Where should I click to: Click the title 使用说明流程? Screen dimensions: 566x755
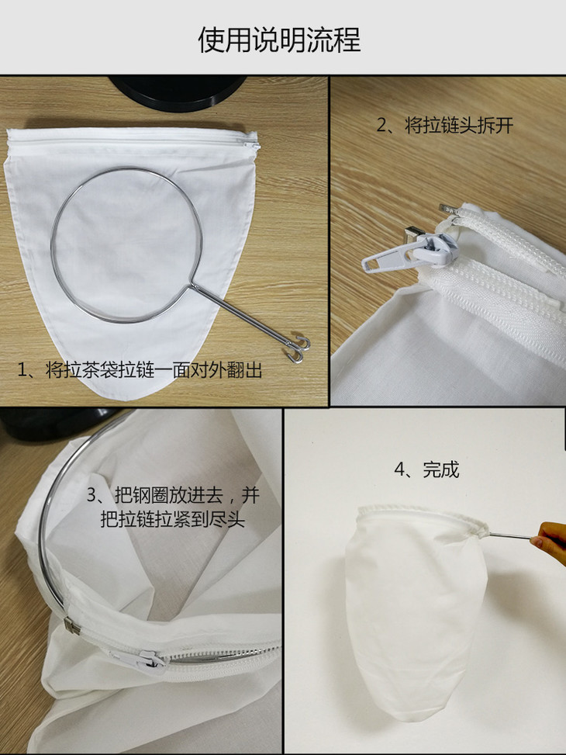click(x=279, y=40)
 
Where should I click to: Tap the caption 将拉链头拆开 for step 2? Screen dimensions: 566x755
click(x=459, y=125)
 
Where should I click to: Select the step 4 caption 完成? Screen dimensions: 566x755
click(x=441, y=469)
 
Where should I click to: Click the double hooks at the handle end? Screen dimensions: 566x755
click(x=299, y=350)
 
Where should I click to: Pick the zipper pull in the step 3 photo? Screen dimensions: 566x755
click(x=140, y=661)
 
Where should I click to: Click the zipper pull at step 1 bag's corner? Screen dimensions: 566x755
click(x=252, y=145)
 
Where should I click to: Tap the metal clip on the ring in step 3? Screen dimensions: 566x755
click(x=71, y=625)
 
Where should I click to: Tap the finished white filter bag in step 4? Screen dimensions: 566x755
click(x=415, y=608)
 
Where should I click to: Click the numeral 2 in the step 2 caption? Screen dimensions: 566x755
click(x=381, y=126)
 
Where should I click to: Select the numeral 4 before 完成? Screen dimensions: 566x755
click(x=400, y=469)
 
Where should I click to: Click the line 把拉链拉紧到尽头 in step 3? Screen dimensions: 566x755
click(x=172, y=520)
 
